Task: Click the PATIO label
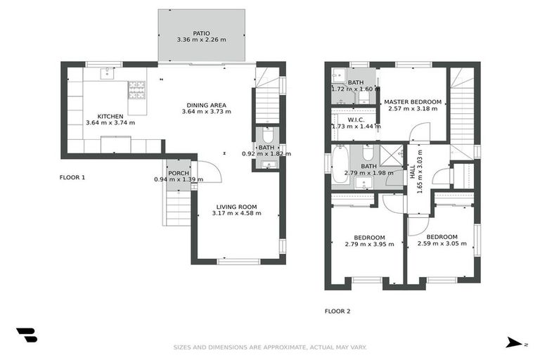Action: [x=201, y=32]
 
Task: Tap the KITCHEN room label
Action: [x=110, y=116]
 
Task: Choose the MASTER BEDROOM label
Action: [x=412, y=102]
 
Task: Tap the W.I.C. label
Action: [x=354, y=120]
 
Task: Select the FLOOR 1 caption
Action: [x=72, y=178]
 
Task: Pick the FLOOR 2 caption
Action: [x=337, y=311]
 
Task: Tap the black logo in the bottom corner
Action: [x=26, y=335]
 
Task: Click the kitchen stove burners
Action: [x=136, y=89]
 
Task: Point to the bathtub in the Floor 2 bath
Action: [x=340, y=164]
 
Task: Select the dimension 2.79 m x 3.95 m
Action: [x=369, y=245]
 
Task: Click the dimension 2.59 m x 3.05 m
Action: [x=442, y=244]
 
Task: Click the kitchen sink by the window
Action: [x=108, y=72]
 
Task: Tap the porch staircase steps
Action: [x=178, y=208]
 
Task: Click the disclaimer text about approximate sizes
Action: [x=270, y=347]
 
